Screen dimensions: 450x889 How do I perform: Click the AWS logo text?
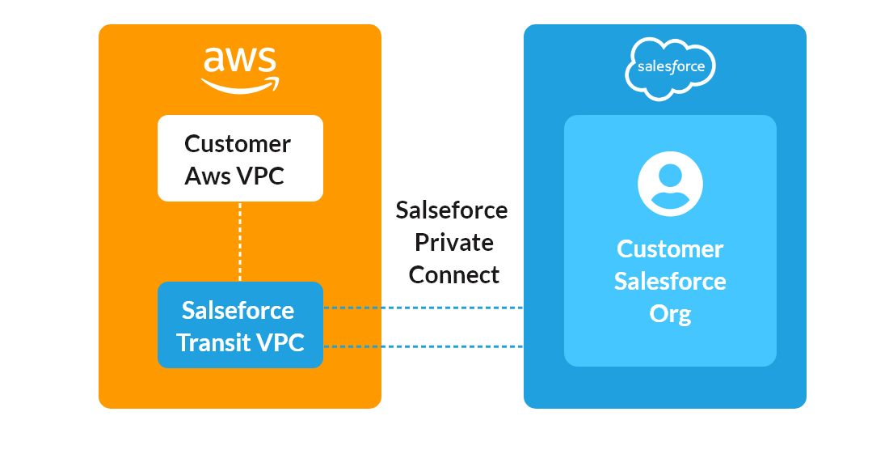[239, 62]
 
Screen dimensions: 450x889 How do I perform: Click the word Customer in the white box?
[238, 144]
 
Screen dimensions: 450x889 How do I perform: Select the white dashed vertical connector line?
[240, 241]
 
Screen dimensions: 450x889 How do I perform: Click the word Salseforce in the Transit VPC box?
[238, 311]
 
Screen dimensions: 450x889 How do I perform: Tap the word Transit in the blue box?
[213, 342]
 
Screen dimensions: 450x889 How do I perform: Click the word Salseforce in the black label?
[452, 210]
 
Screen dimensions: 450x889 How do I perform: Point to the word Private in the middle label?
[453, 242]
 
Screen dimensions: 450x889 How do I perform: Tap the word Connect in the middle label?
[453, 274]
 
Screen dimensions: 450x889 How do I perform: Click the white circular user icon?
[670, 184]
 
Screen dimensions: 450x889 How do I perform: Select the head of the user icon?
[670, 174]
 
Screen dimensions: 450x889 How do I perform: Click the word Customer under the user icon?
[670, 248]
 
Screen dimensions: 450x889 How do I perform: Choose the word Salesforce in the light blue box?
[670, 281]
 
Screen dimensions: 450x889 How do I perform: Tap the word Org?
[670, 313]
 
